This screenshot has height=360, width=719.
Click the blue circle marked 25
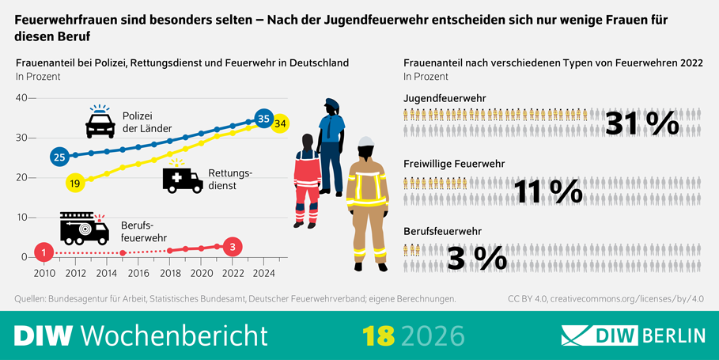pos(59,157)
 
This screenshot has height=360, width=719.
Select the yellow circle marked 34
pos(280,123)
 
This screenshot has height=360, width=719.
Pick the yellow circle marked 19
pos(74,183)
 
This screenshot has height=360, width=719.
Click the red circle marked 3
pos(233,246)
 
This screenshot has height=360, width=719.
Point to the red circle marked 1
pos(45,253)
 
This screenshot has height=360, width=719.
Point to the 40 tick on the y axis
pos(21,98)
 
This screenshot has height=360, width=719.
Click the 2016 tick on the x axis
pos(138,274)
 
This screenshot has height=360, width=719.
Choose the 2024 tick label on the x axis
pos(264,274)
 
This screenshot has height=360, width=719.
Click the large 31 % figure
pos(641,123)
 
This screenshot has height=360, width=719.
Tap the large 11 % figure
pos(548,190)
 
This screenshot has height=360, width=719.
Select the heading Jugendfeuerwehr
pos(445,97)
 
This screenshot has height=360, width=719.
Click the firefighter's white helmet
pos(365,145)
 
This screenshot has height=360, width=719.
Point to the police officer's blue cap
pos(331,104)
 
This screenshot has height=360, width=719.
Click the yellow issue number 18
pos(379,335)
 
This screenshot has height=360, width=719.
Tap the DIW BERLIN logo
pos(633,335)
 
